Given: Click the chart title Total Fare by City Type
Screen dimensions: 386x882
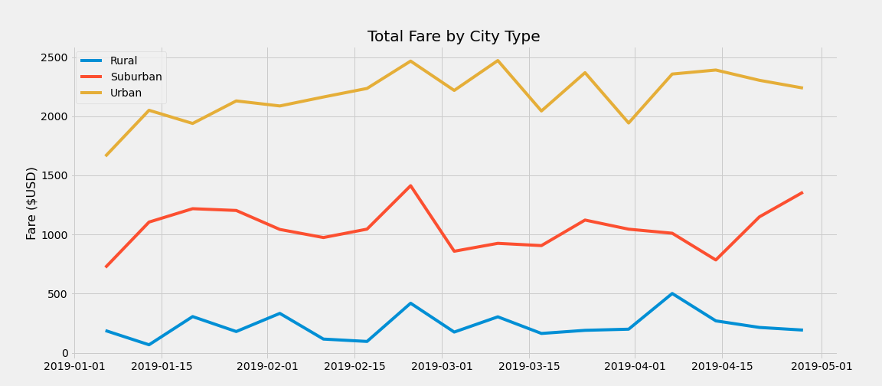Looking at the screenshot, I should (453, 37).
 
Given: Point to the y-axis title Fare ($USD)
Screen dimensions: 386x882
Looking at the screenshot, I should (31, 203).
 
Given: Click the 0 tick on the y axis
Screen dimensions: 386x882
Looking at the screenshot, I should (65, 353).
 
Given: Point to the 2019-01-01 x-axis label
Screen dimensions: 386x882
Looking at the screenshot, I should (74, 367).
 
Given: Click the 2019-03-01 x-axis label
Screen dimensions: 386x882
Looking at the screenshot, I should (442, 367).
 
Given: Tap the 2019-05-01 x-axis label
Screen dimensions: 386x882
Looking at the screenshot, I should (822, 367).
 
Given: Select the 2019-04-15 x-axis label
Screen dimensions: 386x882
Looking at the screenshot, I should (723, 367).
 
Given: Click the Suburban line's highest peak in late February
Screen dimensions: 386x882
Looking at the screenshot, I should (410, 185).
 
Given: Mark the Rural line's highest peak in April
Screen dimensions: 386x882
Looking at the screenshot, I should (672, 293).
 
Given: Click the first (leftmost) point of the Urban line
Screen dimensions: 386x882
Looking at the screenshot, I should (106, 155).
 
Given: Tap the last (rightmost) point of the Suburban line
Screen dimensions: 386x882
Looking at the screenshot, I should (802, 192).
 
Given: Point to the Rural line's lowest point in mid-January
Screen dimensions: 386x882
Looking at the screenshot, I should (149, 345).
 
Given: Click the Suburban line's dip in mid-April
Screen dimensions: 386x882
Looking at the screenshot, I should (716, 260).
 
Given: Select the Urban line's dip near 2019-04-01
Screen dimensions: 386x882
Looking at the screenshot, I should (629, 123).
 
